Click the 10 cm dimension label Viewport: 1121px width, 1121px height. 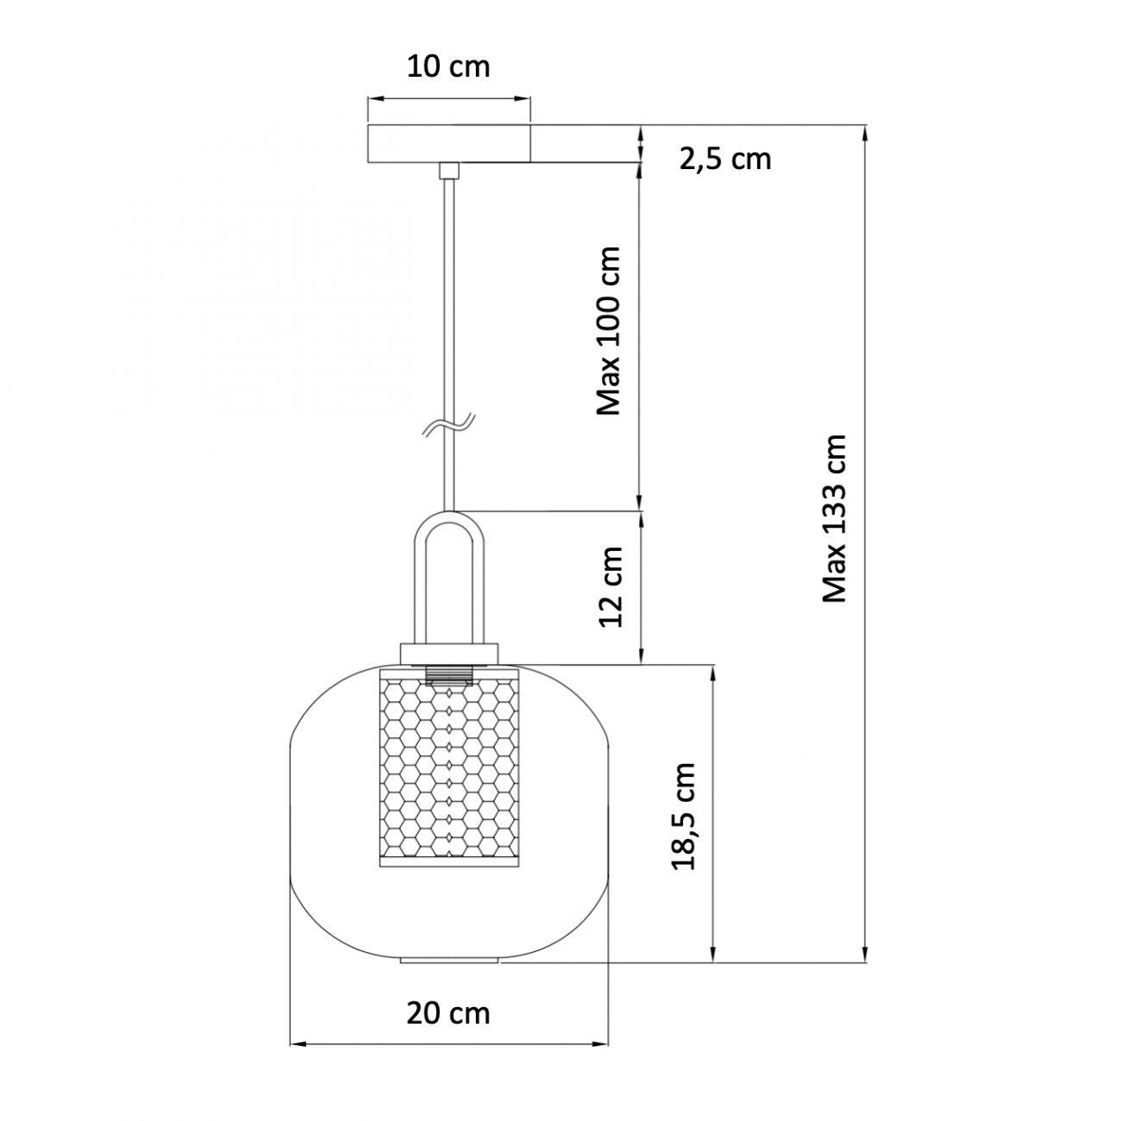[x=448, y=67]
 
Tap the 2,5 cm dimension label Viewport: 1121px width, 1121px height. [x=725, y=159]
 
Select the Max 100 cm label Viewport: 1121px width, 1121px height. [x=609, y=330]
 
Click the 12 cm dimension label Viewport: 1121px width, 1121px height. [x=611, y=586]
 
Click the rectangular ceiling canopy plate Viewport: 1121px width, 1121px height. [x=448, y=143]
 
